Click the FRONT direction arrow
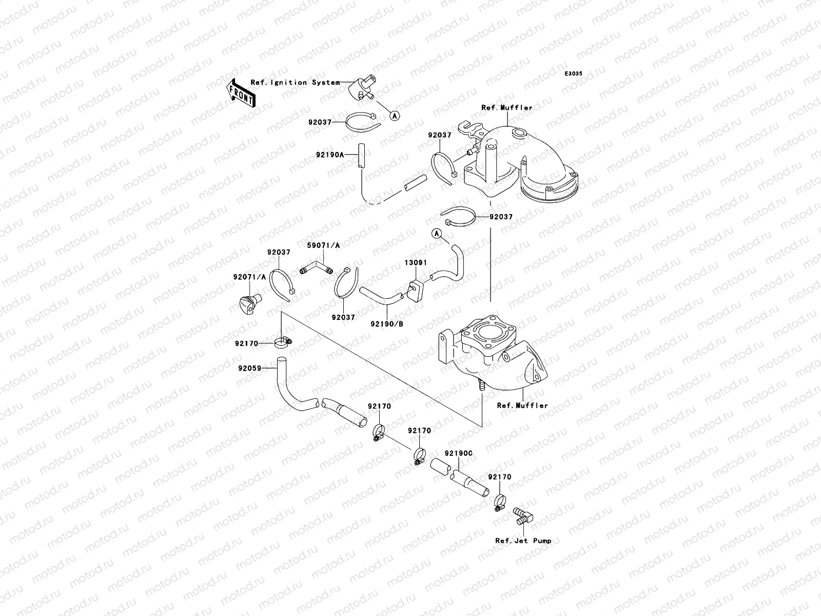point(241,93)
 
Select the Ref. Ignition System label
point(295,82)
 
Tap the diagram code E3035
point(573,74)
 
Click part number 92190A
point(329,155)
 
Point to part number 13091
point(416,262)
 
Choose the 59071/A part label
point(324,245)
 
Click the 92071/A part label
point(249,277)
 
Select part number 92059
point(250,369)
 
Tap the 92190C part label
point(459,453)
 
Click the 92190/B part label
point(387,324)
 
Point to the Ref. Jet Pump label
point(523,541)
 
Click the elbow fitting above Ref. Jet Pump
point(523,516)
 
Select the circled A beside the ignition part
point(395,116)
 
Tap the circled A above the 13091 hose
point(437,234)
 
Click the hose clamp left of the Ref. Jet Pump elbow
point(500,503)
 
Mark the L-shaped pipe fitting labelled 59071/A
point(316,270)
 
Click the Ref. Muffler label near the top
point(507,108)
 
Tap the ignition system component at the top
point(362,88)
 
